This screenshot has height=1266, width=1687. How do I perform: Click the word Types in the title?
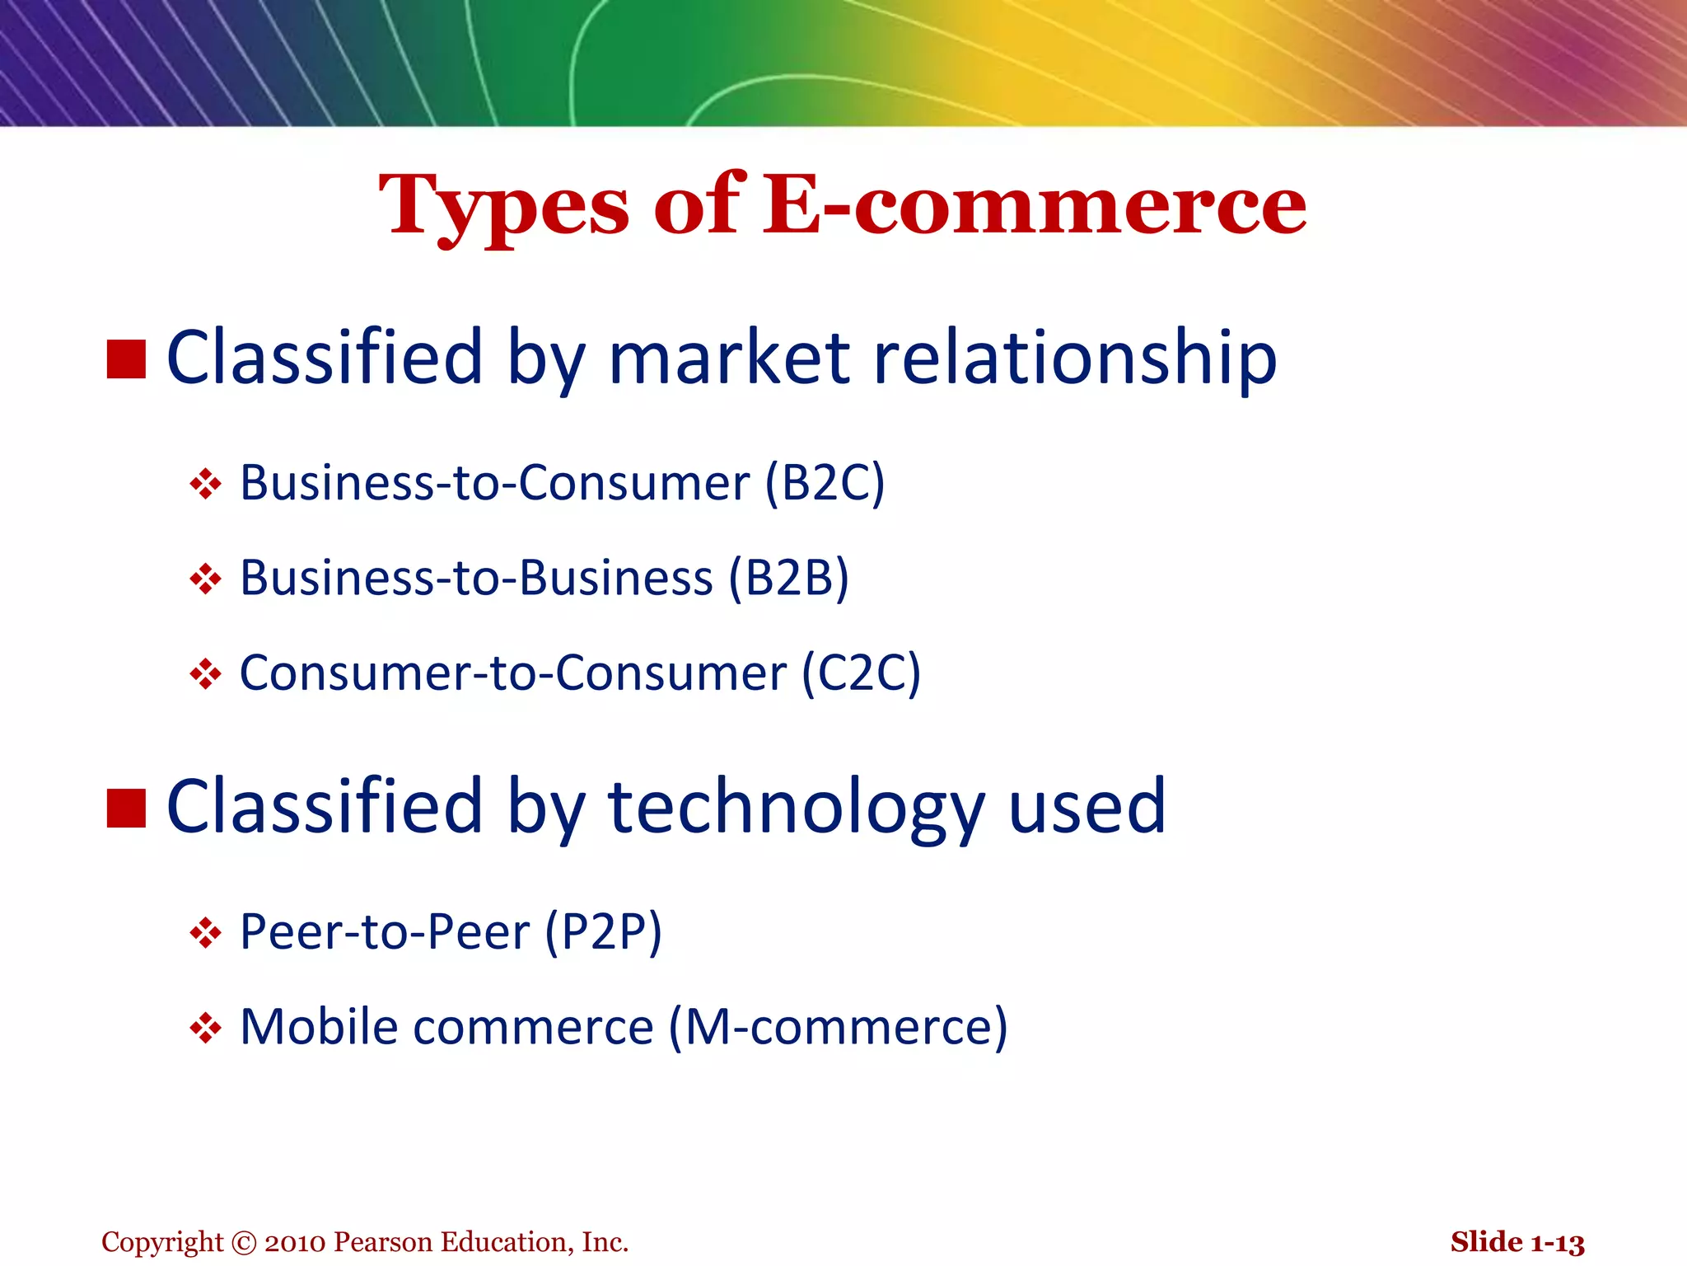[504, 206]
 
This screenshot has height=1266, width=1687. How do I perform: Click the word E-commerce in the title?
[1035, 206]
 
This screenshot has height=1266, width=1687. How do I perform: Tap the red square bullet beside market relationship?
[126, 359]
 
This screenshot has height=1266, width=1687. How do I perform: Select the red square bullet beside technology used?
[126, 808]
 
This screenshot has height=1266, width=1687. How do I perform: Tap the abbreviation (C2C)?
[861, 673]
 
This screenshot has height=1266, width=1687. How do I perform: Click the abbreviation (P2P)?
[604, 932]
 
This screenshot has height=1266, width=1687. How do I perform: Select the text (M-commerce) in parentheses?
[838, 1027]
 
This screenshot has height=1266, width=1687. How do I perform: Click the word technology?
[796, 808]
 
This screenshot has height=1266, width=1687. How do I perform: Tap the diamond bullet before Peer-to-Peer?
[205, 934]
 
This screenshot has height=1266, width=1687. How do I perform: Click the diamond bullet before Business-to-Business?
[205, 579]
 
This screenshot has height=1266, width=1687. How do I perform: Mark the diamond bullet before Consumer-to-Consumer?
[205, 674]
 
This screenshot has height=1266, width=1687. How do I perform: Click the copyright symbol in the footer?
[245, 1242]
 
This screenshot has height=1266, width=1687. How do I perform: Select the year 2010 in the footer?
[296, 1242]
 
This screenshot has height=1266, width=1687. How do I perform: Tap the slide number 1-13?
[1558, 1242]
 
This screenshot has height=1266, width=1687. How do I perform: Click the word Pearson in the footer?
[384, 1242]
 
